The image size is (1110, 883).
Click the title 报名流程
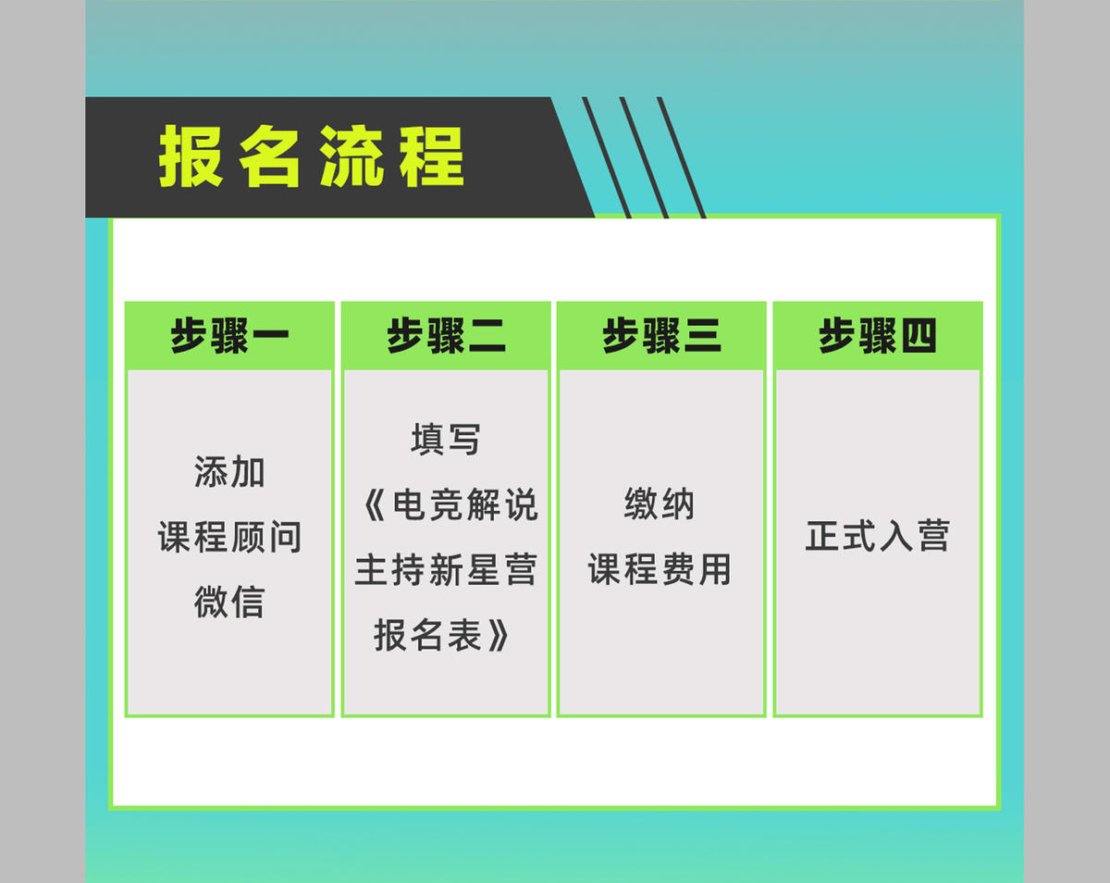point(312,155)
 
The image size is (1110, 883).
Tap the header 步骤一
point(229,335)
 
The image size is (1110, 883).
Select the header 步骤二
point(446,335)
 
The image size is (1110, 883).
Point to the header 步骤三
point(661,335)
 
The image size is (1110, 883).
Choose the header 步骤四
point(878,335)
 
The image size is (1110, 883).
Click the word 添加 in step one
point(229,472)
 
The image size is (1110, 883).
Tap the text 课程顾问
point(229,537)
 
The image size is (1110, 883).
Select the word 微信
point(229,602)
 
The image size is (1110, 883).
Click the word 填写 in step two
point(446,439)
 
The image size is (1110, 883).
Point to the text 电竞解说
point(465,504)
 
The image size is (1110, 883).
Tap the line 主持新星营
point(446,569)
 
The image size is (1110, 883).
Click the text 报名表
point(427,635)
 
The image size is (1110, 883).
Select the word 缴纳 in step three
point(660,504)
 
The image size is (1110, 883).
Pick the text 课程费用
point(660,569)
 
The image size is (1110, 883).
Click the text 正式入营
point(878,536)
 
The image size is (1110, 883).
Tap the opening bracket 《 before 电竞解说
point(375,504)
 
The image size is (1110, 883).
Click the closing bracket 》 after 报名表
point(499,635)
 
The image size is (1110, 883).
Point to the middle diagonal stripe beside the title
point(644,157)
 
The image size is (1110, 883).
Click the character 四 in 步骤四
point(919,336)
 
